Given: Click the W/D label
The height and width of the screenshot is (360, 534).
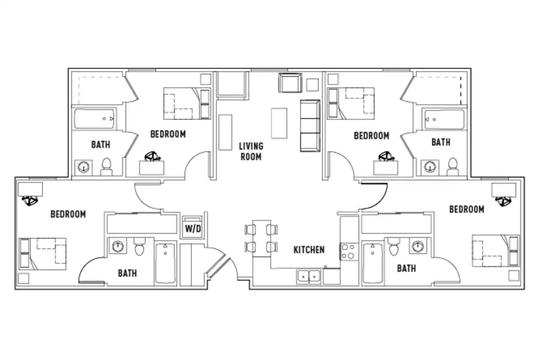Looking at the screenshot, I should point(193,229).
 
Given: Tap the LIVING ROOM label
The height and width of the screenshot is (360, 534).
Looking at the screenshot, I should point(251,151).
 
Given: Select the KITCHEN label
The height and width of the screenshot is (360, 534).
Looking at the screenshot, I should point(309,250).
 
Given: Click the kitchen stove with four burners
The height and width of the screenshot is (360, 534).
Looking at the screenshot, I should point(349,252).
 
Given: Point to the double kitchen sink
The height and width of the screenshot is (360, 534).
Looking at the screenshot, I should point(309,276).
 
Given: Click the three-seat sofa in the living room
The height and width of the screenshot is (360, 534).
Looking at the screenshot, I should point(310,126).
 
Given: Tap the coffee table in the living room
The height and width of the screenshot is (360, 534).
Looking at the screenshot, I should point(279,123).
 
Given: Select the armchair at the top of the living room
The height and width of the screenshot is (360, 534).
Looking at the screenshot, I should point(290,82).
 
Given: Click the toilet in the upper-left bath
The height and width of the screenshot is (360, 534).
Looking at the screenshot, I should point(107,167).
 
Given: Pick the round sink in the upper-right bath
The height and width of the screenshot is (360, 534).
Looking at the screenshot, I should point(431,167).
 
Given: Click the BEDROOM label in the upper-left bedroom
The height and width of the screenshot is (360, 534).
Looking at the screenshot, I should point(168,134).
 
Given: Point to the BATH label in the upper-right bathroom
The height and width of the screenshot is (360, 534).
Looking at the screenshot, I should point(440,142).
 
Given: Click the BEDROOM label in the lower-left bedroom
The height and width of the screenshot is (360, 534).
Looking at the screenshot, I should point(68,214).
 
